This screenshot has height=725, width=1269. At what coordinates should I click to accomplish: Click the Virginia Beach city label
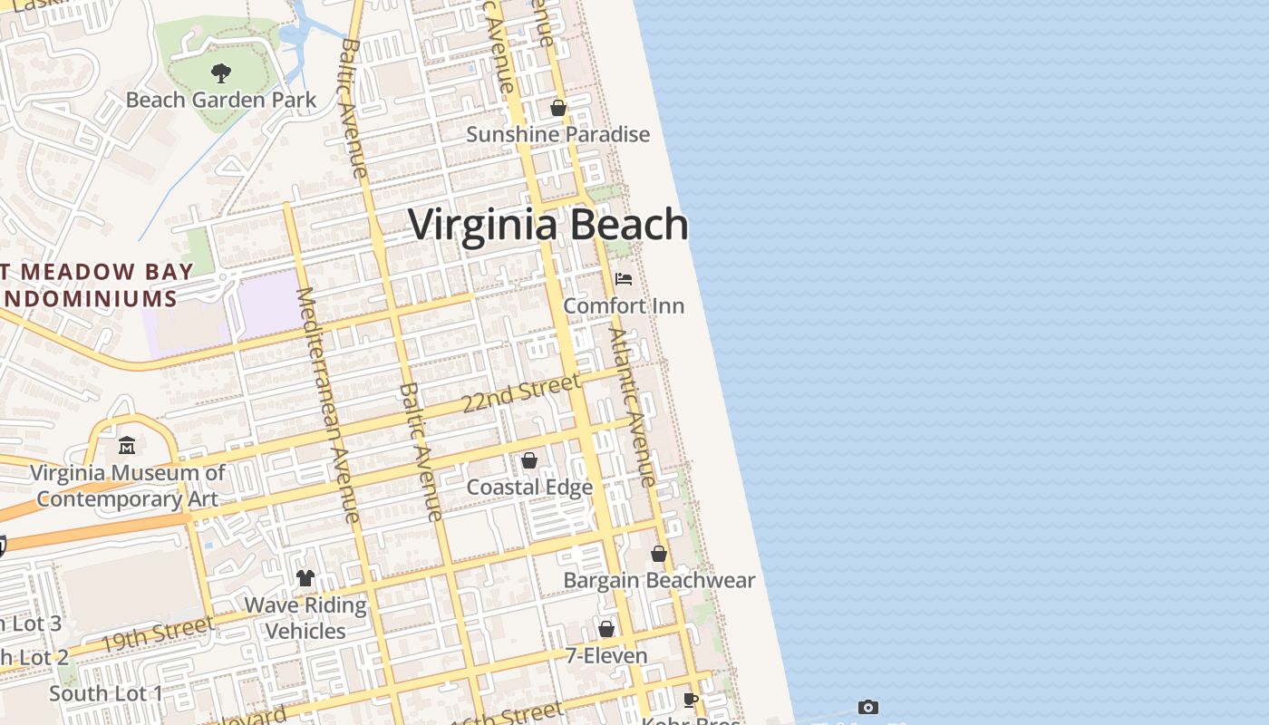click(x=548, y=225)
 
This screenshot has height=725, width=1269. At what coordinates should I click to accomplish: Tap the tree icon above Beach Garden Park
click(x=220, y=73)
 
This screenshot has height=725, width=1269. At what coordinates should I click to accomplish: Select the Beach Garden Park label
click(x=220, y=100)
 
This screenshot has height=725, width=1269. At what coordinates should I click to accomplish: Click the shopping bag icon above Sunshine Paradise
click(x=558, y=108)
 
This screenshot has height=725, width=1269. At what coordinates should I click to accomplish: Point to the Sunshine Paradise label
click(x=557, y=134)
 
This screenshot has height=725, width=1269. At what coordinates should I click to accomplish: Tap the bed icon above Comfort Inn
click(x=624, y=278)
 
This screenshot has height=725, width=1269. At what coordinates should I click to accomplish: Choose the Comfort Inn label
click(x=624, y=305)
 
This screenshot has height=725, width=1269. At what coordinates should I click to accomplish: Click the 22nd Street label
click(x=520, y=393)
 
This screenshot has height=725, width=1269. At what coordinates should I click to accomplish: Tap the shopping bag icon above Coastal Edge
click(x=529, y=461)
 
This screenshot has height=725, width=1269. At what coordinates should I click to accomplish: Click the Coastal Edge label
click(x=529, y=488)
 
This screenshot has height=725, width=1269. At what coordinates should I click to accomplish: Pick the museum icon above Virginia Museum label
click(x=127, y=446)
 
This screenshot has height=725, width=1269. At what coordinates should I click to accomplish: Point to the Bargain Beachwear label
click(x=659, y=580)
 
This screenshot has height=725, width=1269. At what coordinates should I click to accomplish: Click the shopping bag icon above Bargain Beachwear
click(x=659, y=554)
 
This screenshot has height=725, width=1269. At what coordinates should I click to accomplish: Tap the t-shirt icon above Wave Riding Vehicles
click(x=305, y=578)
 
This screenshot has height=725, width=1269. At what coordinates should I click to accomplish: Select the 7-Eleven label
click(x=606, y=655)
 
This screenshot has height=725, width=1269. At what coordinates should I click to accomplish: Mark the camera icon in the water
click(x=868, y=707)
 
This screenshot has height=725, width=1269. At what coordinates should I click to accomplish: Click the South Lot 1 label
click(x=106, y=694)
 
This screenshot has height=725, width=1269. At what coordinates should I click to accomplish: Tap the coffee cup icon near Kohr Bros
click(x=691, y=700)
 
